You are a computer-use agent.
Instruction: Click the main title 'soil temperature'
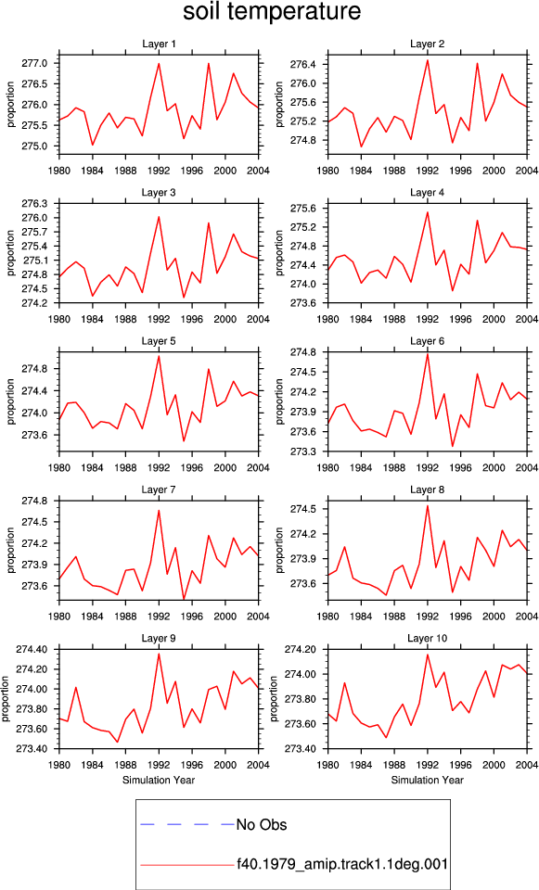[272, 12]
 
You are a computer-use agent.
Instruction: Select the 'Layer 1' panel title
[159, 44]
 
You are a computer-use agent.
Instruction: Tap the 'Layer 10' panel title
[427, 639]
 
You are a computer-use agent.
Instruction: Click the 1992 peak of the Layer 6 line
[427, 354]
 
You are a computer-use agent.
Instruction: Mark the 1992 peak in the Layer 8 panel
[427, 506]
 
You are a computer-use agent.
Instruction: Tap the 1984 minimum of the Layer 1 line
[93, 145]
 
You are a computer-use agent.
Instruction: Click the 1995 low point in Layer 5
[184, 441]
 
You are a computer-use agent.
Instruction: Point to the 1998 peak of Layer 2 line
[477, 63]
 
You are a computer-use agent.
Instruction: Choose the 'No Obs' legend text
[262, 825]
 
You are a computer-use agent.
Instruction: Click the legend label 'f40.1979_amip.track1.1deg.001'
[342, 864]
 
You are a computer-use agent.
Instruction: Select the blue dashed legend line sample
[187, 824]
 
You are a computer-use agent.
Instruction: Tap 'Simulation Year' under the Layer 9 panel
[159, 780]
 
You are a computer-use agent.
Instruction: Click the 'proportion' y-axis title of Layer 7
[11, 550]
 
